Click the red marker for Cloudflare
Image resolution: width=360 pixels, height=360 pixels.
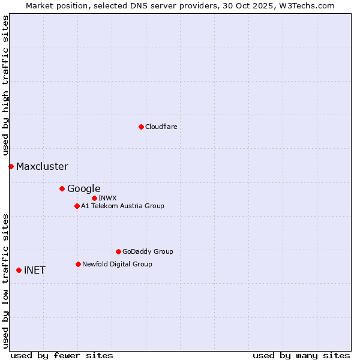pos(141,127)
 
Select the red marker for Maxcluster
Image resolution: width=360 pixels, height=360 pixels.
pos(11,166)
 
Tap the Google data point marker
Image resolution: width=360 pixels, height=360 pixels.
pos(62,188)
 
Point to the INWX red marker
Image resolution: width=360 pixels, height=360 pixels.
pos(94,198)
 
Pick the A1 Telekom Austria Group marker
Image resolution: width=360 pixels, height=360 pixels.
pos(77,206)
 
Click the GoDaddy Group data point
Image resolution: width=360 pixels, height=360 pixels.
pos(118,251)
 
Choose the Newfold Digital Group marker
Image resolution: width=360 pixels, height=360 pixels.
pos(78,264)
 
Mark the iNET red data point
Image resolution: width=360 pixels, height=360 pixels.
pos(19,270)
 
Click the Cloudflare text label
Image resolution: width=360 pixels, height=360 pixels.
pos(161,127)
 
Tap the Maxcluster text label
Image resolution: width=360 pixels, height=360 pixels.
pos(42,166)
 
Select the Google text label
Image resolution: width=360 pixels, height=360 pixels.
pos(83,188)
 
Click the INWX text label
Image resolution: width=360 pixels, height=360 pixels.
pos(107,198)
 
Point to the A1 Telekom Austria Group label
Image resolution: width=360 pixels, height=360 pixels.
pos(122,206)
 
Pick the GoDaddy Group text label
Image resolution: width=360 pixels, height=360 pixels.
pos(148,251)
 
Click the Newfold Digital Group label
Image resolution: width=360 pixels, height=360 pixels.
pos(117,264)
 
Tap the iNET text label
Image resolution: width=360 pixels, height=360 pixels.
pos(35,270)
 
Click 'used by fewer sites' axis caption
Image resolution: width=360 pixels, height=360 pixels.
pos(62,355)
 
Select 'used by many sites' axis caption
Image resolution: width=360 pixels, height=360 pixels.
pos(301,355)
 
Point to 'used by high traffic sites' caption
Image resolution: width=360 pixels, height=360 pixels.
pos(5,86)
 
